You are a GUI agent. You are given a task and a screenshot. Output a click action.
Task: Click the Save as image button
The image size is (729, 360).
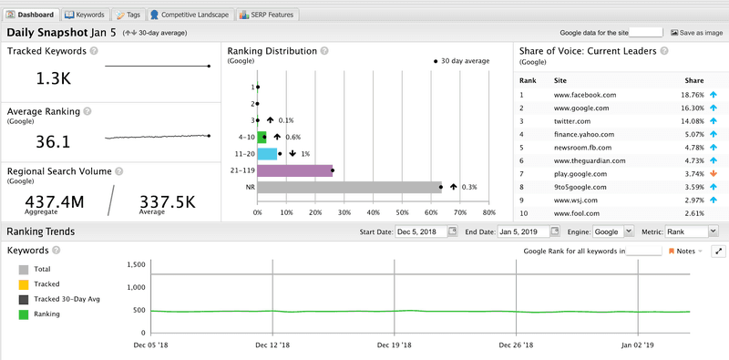697,32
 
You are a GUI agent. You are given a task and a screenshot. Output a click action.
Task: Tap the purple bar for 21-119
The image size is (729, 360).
294,170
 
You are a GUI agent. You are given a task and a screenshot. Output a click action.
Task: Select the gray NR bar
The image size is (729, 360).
349,187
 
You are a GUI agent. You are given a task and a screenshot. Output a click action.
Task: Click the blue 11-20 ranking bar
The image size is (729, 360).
267,153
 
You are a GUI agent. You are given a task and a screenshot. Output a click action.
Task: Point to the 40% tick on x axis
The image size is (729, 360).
374,212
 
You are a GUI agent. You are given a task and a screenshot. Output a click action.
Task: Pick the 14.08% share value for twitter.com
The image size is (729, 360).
693,120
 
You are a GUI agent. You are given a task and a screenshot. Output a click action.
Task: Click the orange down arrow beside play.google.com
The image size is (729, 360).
714,172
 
